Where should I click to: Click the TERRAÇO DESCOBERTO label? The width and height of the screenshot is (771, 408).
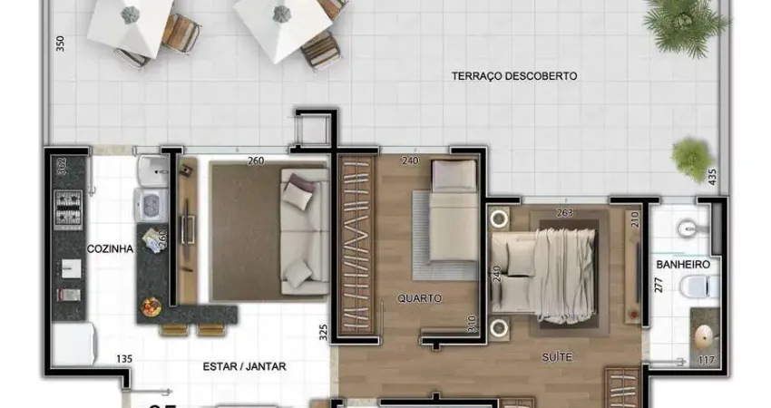(x=514, y=76)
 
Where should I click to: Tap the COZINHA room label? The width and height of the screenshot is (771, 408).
(x=110, y=248)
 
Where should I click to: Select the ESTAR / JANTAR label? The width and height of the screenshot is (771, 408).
(x=243, y=366)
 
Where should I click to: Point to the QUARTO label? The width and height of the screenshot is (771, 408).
(x=419, y=297)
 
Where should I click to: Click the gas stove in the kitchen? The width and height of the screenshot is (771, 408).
(x=69, y=208)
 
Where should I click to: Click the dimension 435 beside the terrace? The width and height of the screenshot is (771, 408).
(x=712, y=176)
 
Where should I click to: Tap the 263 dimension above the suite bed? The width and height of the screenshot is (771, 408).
(x=564, y=214)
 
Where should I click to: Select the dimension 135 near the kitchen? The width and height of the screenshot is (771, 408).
(x=123, y=360)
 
